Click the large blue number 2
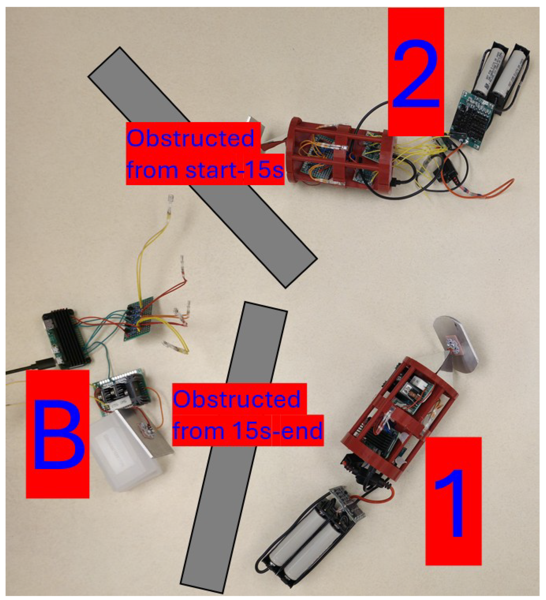coord(416,74)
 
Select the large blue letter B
coord(59,435)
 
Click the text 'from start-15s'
coord(205,170)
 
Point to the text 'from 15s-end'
coord(248,430)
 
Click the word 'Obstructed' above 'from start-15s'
coord(190,138)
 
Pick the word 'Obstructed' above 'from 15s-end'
coord(237,399)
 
